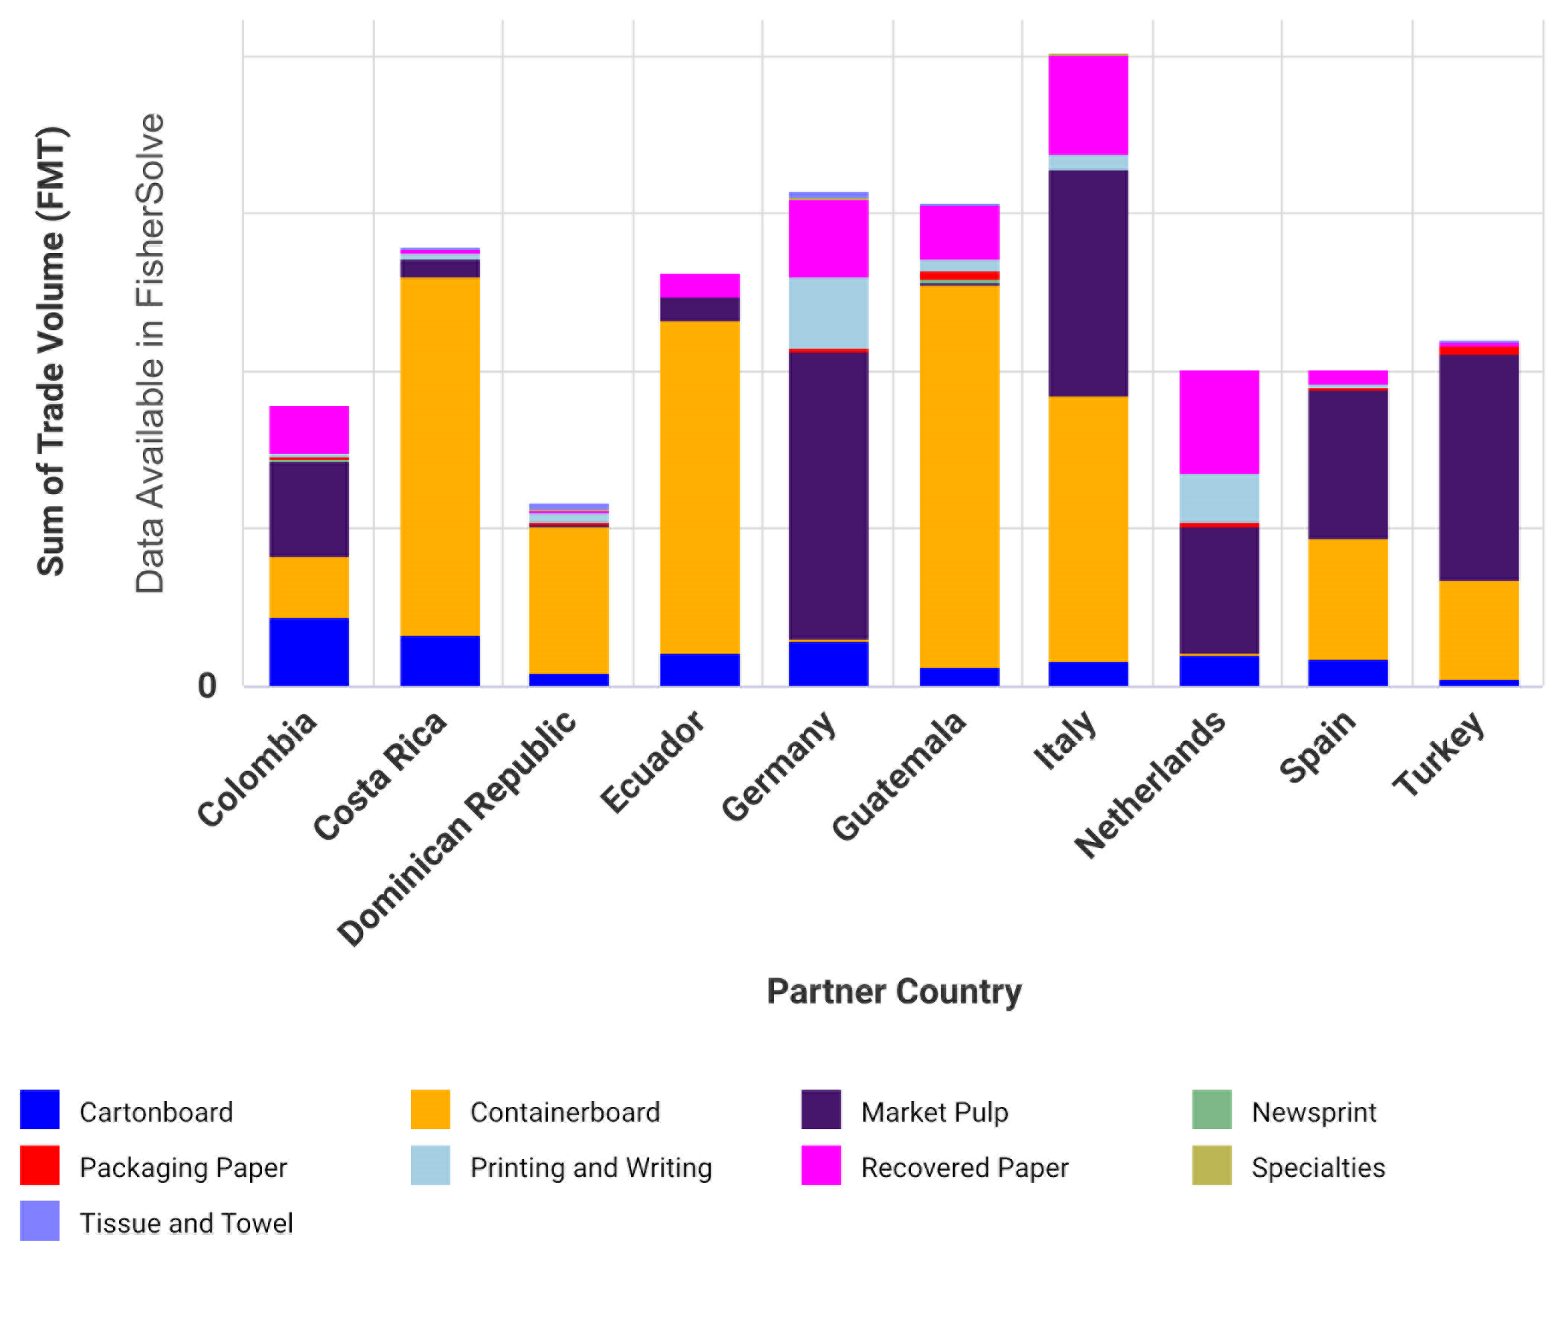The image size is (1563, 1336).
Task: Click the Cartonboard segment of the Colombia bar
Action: coord(310,652)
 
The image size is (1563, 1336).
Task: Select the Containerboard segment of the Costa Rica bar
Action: coord(440,456)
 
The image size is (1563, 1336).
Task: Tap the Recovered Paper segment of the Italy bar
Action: coord(1087,105)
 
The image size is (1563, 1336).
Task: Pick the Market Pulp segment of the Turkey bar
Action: coord(1478,467)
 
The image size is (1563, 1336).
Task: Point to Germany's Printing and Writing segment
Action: coord(828,313)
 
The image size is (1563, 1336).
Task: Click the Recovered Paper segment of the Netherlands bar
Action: coord(1219,423)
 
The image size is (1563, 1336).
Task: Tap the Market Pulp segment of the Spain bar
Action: coord(1347,463)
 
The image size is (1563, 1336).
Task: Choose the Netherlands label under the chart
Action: coord(1151,784)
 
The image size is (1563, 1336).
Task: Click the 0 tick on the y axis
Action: coord(207,686)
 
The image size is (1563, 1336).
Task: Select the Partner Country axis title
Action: coord(894,992)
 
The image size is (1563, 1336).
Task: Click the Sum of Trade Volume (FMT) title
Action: coord(51,351)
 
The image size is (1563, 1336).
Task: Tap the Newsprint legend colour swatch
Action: coord(1212,1109)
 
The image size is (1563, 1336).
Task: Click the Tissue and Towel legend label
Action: coord(186,1223)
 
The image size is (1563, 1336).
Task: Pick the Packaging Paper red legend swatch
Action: coord(40,1165)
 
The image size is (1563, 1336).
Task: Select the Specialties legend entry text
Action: coord(1318,1167)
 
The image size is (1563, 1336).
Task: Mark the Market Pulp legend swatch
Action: coord(821,1109)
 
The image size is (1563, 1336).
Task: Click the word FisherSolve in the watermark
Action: coord(150,211)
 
